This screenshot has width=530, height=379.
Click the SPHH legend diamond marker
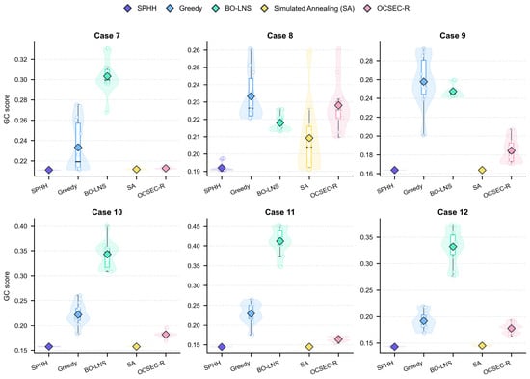coord(128,8)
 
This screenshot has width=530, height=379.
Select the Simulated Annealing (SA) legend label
coord(314,8)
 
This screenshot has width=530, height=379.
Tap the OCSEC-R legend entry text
coord(393,8)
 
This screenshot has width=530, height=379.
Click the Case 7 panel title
coord(107,35)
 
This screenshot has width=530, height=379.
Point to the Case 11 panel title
coord(279,212)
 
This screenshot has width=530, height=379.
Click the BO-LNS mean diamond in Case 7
coord(107,77)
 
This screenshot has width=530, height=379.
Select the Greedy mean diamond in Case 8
coord(251,96)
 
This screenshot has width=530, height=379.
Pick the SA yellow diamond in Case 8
coord(309,138)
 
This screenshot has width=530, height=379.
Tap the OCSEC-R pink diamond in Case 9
coord(512,150)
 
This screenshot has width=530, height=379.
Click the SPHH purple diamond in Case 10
coord(49,346)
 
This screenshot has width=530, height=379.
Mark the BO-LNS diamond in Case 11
coord(279,241)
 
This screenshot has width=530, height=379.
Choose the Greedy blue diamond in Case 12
coord(424,321)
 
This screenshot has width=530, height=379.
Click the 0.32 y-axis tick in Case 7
coord(21,59)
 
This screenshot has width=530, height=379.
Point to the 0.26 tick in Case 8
coord(194,50)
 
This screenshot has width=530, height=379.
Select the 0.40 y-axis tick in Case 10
coord(21,226)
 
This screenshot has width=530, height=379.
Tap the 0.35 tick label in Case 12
coord(367,237)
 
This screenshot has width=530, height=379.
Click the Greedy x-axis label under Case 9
coord(413,189)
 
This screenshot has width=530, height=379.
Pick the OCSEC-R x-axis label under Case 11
coord(324,368)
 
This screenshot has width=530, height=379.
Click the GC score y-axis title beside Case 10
coord(7,285)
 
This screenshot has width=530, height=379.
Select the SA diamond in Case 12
coord(483,345)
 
